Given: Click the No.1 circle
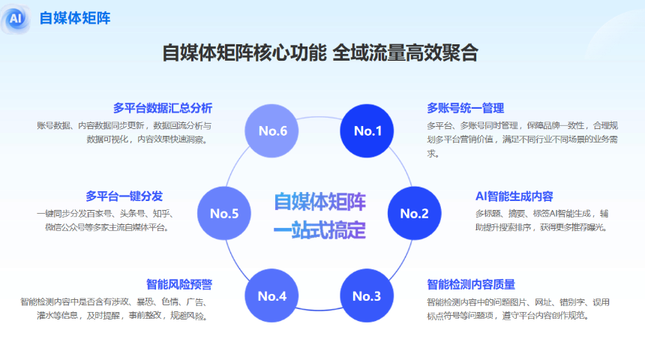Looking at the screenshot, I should [x=368, y=131].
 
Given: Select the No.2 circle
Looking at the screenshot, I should [x=414, y=213].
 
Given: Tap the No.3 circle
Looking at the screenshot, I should [x=367, y=295].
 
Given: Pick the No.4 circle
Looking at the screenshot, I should [x=272, y=295].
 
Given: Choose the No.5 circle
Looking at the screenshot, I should [x=224, y=213].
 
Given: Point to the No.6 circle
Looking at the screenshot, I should [x=273, y=131].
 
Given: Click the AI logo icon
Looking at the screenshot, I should [x=17, y=19].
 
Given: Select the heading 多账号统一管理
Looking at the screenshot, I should [x=465, y=108].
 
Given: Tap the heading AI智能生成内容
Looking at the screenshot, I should [x=514, y=196].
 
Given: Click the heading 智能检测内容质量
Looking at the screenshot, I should [x=471, y=284].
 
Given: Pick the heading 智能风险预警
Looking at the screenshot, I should [x=179, y=284].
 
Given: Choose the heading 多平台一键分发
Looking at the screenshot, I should [x=124, y=196].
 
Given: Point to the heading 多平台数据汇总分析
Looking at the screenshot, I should [x=163, y=107].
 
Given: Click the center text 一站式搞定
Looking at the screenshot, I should [x=319, y=229].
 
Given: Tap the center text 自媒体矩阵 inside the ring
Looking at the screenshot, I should [x=319, y=202].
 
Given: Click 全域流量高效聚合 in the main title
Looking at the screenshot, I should [x=405, y=54].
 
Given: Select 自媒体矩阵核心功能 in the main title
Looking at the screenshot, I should [x=244, y=54].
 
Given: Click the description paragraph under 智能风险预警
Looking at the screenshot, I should [x=116, y=309].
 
